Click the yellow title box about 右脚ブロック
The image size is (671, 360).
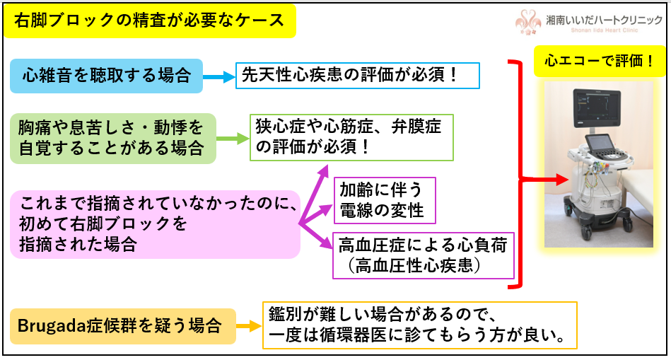[149, 21]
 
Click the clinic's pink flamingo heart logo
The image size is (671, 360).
[527, 21]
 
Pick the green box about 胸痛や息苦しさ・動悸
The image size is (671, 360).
[112, 138]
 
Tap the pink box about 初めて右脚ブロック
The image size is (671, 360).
[154, 223]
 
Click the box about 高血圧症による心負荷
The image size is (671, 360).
[423, 255]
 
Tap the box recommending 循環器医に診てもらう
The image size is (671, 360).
[420, 325]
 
